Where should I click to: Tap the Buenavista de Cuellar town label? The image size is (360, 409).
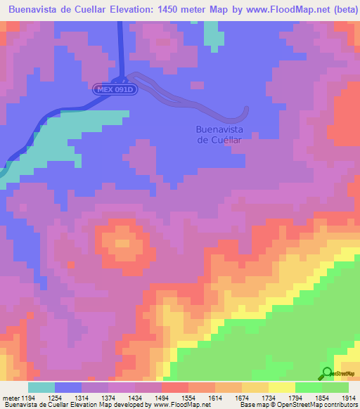point(218,134)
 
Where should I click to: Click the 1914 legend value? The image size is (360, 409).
point(347,398)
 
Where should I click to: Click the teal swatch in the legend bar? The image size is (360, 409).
point(41,387)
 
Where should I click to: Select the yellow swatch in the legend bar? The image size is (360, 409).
point(281,387)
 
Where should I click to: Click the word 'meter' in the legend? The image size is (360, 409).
point(11,398)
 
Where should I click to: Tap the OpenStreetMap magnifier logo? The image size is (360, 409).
point(327,373)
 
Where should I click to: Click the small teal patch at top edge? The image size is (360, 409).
point(211,35)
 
